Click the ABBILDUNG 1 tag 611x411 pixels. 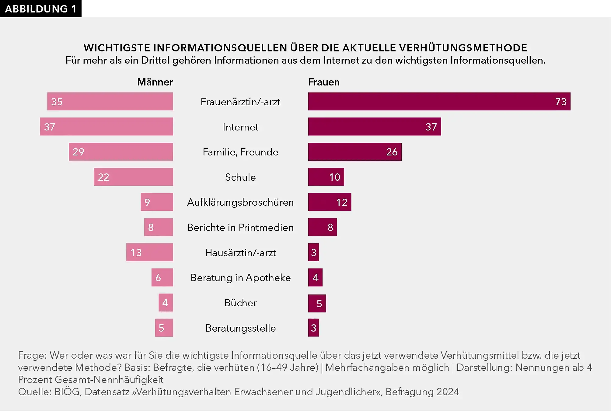click(x=40, y=9)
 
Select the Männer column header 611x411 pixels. click(x=155, y=82)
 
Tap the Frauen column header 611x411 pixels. click(x=324, y=82)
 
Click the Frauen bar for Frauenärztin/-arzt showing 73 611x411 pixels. click(x=439, y=101)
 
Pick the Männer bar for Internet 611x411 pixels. click(x=106, y=127)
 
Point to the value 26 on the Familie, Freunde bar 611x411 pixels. click(x=392, y=152)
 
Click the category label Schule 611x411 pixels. click(x=240, y=177)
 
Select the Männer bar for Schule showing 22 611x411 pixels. click(x=133, y=177)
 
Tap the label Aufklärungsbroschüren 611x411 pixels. click(x=240, y=202)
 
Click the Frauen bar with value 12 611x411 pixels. click(x=330, y=202)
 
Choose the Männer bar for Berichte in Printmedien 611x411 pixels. click(x=159, y=227)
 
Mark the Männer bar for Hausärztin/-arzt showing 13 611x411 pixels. click(x=149, y=252)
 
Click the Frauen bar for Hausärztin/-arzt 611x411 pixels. click(x=313, y=252)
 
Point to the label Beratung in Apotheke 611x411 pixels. click(x=240, y=278)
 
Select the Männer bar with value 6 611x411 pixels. click(x=162, y=277)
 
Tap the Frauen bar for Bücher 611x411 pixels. click(x=317, y=303)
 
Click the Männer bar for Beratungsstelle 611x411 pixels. click(x=164, y=328)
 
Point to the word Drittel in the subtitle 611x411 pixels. click(x=155, y=60)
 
